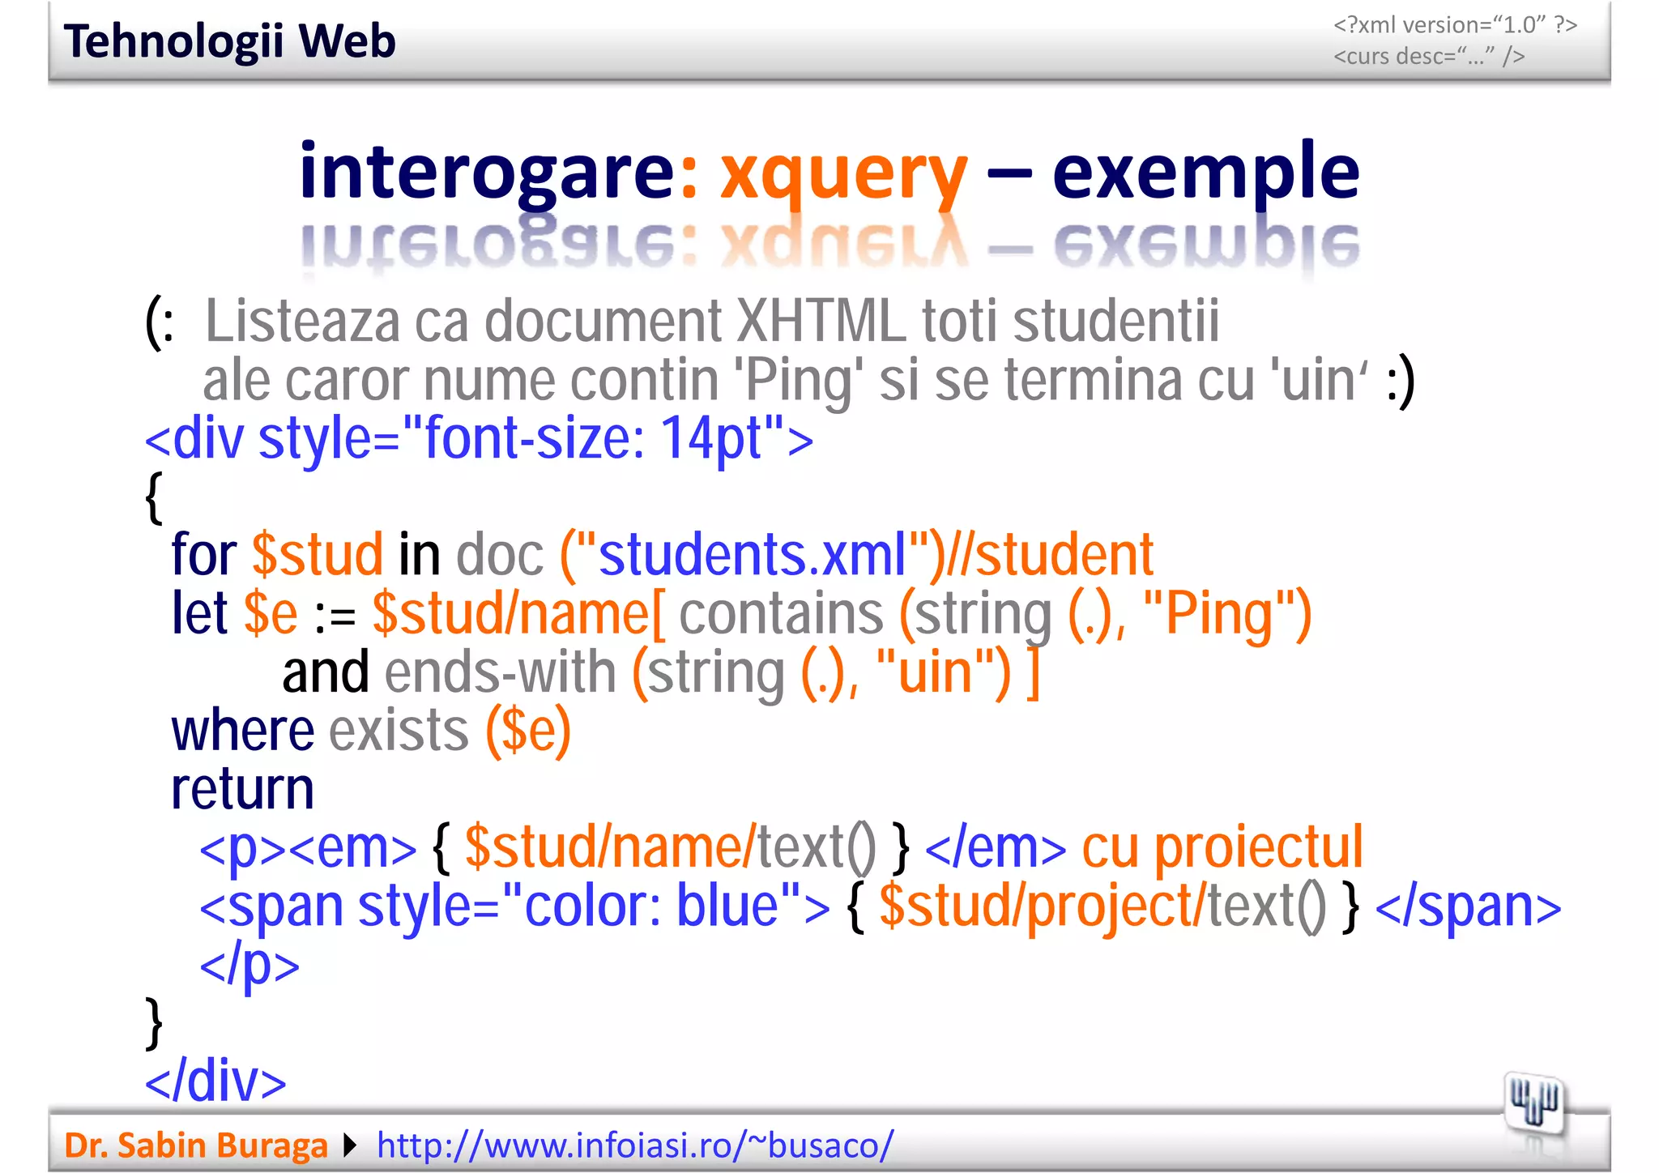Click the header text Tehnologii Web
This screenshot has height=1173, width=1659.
pos(229,41)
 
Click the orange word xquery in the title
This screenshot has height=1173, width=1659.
pos(843,173)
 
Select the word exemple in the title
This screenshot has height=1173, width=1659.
pos(1205,173)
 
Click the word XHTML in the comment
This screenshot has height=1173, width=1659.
pos(821,322)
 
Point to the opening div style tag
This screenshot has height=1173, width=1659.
pos(478,438)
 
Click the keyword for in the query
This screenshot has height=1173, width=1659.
pos(203,556)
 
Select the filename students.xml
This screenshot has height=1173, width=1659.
pos(752,556)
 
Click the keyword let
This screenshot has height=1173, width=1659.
pos(199,613)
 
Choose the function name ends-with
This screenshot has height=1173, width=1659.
pos(500,672)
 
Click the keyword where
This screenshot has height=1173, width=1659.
pos(242,731)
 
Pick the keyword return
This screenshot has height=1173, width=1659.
pos(242,789)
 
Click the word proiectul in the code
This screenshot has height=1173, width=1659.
pos(1258,847)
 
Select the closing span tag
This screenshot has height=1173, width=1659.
pos(1468,906)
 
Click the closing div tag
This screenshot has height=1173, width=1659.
pos(215,1081)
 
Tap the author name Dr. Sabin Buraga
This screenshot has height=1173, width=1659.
pos(195,1145)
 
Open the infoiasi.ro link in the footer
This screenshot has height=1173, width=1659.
pos(635,1145)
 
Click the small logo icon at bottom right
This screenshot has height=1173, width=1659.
pos(1533,1103)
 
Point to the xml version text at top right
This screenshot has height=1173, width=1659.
pos(1455,26)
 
